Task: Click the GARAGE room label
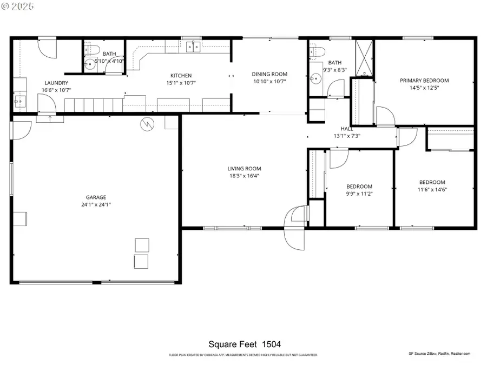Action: click(x=95, y=197)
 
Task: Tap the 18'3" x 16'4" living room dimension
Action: click(x=244, y=175)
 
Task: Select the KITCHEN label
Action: click(x=181, y=76)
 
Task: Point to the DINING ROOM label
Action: click(x=269, y=74)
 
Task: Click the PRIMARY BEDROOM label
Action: click(x=424, y=81)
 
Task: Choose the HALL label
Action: click(x=347, y=129)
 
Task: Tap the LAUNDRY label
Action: click(x=56, y=83)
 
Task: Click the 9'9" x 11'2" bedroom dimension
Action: click(x=359, y=193)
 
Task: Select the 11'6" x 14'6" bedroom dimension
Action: click(x=432, y=189)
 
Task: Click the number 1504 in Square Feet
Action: click(x=272, y=344)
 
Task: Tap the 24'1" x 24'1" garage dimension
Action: click(x=95, y=204)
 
